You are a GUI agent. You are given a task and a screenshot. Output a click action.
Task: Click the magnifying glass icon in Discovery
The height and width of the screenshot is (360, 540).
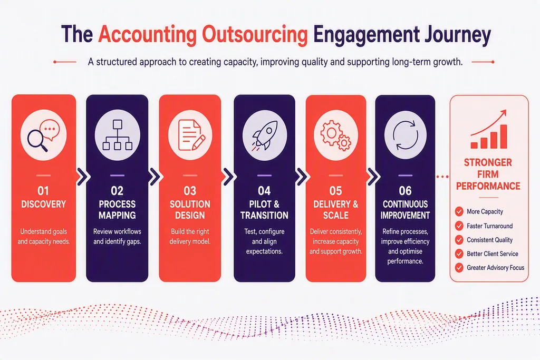(37, 141)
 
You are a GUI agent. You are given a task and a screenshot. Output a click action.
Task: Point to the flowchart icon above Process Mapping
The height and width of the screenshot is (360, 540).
(117, 135)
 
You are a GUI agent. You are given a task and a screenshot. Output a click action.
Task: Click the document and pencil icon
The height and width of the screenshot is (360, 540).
(191, 135)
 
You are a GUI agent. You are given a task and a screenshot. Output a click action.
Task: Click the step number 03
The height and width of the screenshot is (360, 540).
(190, 191)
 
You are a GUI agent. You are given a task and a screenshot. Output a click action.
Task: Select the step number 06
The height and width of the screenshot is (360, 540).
(405, 191)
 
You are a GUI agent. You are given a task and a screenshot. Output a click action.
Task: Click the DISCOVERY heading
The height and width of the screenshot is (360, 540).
(43, 204)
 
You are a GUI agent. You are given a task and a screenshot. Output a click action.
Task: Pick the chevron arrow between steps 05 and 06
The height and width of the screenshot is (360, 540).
(373, 177)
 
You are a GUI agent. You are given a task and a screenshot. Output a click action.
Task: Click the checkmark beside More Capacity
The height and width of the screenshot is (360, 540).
(459, 211)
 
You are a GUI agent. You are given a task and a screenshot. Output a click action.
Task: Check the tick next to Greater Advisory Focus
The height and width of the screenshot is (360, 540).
(459, 267)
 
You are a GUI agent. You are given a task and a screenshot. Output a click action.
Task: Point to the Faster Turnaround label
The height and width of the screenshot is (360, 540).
(489, 226)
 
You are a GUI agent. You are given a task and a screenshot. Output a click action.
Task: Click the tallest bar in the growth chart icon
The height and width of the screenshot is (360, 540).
(504, 137)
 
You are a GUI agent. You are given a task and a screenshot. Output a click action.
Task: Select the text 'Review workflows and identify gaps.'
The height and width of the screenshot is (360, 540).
(117, 237)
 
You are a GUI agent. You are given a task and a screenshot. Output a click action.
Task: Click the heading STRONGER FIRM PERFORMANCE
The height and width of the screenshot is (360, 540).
(488, 174)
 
